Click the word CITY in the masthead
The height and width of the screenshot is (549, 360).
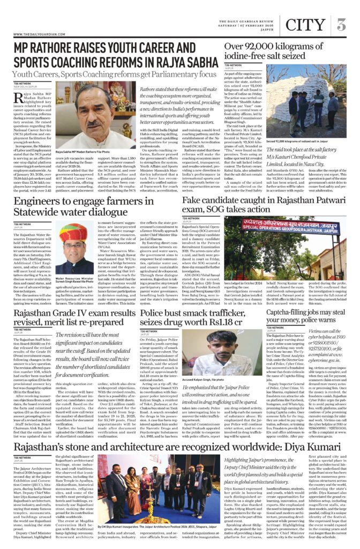tap(305, 25)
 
